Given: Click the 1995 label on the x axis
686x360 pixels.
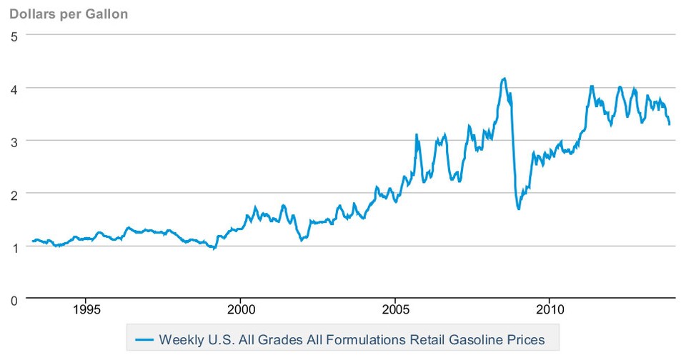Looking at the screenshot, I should pos(85,311).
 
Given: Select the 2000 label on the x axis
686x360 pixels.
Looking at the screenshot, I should pos(240,311).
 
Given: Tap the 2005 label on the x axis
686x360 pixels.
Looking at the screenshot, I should pos(394,311).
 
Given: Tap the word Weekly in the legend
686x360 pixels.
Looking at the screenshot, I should pos(179,338).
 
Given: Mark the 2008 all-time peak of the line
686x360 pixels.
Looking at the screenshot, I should pos(504,79).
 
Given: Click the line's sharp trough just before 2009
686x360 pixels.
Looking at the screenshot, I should pos(518,209).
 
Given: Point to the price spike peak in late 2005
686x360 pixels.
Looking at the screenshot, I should pos(417,134).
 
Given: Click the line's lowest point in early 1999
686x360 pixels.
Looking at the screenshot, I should pos(214,249).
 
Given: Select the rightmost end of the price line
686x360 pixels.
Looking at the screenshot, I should pos(670,124).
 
